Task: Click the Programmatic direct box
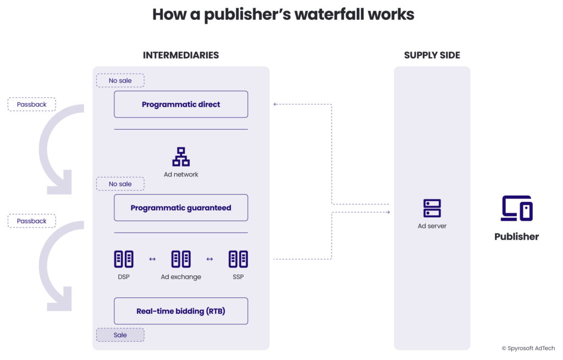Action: [181, 104]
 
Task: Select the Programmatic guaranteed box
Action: [181, 208]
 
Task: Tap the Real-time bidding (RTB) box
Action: [181, 311]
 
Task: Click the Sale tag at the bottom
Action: [120, 335]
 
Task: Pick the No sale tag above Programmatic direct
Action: [120, 81]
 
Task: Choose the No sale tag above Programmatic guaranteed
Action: [120, 184]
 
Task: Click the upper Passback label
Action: [31, 104]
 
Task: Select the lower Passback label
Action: [31, 221]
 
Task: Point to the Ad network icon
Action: [181, 157]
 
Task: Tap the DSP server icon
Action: [124, 259]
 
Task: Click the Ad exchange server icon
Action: [181, 259]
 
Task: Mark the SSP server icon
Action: [238, 259]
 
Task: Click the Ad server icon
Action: [432, 208]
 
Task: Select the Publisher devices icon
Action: [517, 208]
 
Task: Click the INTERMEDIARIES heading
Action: [181, 56]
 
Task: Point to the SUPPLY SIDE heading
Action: [432, 56]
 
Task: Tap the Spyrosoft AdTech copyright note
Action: [528, 348]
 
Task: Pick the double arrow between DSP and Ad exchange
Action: [152, 259]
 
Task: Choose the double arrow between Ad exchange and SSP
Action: [209, 259]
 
